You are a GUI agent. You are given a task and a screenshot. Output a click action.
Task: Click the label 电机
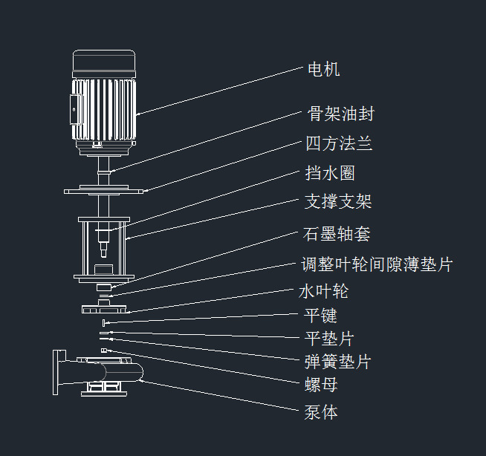323,69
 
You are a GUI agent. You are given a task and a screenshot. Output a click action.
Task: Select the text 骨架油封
340,114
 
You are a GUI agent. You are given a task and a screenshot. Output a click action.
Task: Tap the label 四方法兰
339,143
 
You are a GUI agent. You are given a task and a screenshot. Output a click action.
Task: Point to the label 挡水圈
330,173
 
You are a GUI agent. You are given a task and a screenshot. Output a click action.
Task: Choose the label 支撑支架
338,201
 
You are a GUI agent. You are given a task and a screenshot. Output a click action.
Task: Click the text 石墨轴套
337,234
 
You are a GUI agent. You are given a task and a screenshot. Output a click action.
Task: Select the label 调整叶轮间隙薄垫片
378,264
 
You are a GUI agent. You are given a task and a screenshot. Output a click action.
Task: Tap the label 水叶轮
323,291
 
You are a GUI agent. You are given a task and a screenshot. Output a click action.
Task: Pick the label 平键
320,316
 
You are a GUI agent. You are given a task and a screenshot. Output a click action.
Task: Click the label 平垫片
329,338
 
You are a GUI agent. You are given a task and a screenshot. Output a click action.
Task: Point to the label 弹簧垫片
337,361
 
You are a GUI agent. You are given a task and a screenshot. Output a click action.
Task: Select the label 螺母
321,385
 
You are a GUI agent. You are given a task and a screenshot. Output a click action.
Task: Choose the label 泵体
321,412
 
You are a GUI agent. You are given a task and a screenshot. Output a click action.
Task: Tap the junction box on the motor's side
75,109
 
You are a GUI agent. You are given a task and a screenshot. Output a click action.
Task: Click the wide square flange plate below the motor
103,192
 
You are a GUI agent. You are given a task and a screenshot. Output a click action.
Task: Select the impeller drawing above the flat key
104,307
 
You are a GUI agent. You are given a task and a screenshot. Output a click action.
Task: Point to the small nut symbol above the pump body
104,350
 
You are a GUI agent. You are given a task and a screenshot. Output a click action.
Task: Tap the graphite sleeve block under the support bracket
104,287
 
